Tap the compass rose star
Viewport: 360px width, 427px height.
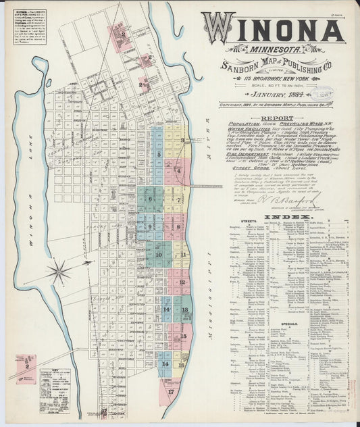59,273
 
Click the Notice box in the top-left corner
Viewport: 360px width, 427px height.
22,24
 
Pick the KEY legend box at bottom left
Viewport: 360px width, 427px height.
54,390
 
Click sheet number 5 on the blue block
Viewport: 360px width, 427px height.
159,155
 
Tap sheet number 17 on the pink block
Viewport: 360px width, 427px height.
171,391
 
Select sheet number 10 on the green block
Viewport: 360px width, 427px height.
159,255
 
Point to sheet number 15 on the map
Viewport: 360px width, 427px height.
183,336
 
